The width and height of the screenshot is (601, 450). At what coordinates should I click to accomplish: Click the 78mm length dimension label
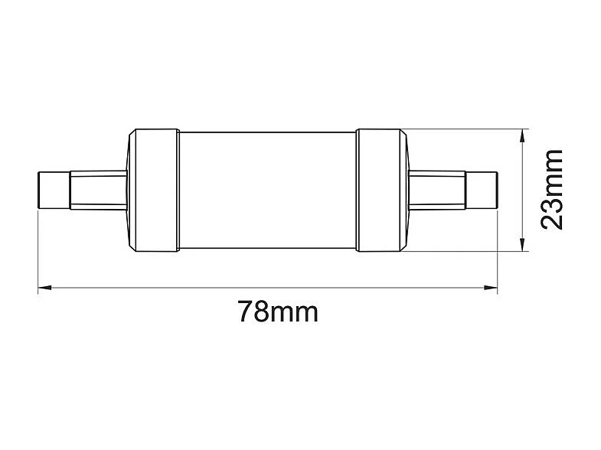(x=277, y=312)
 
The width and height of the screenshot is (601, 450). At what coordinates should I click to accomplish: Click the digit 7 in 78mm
(x=245, y=312)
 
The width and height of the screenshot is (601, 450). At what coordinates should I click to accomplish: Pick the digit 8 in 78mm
(x=262, y=312)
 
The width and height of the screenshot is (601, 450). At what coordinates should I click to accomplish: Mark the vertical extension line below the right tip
(x=497, y=249)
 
